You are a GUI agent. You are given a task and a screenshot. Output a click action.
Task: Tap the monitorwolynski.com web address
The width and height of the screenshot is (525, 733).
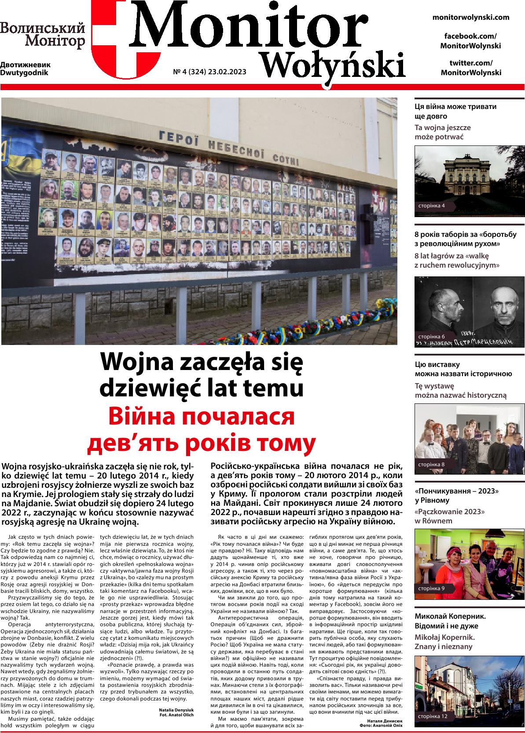pyautogui.click(x=471, y=18)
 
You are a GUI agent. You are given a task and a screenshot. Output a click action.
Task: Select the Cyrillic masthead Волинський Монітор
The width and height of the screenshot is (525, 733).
pyautogui.click(x=43, y=35)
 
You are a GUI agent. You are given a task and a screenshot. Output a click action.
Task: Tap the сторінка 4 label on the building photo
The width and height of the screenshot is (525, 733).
pyautogui.click(x=432, y=206)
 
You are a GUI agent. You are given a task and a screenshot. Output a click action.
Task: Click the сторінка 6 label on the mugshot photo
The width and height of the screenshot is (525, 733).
pyautogui.click(x=432, y=336)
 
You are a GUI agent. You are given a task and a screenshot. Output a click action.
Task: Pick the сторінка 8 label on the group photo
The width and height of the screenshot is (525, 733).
pyautogui.click(x=432, y=464)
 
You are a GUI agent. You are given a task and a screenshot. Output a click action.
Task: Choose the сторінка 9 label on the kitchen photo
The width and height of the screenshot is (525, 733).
pyautogui.click(x=432, y=588)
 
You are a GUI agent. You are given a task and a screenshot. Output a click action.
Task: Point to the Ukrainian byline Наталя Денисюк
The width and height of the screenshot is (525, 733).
pyautogui.click(x=384, y=721)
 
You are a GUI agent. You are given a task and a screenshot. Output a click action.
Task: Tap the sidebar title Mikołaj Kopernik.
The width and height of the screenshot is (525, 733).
pyautogui.click(x=444, y=637)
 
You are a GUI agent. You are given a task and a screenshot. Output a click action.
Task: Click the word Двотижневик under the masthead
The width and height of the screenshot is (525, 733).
pyautogui.click(x=26, y=65)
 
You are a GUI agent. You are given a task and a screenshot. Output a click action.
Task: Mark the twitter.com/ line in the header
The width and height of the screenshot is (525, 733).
pyautogui.click(x=471, y=63)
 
